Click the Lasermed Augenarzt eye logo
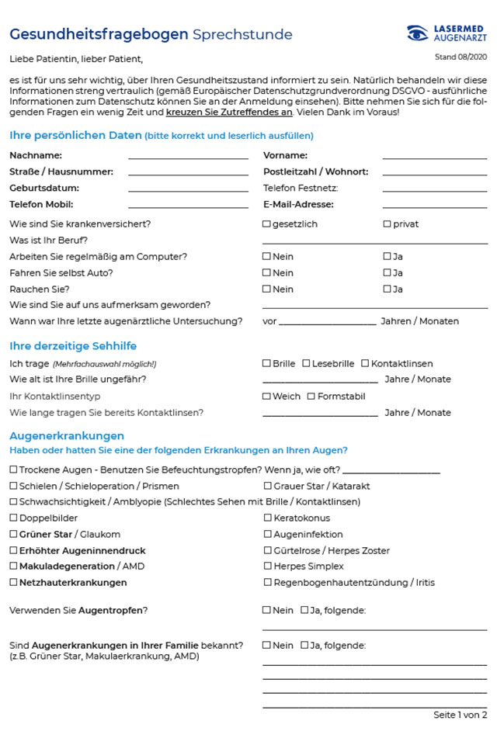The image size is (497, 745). coord(418,33)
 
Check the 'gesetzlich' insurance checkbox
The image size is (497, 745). coord(266,224)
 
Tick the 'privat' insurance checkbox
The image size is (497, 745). coord(387,224)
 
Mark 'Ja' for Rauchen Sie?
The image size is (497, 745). coord(387,289)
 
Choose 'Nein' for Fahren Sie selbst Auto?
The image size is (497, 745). coord(266,272)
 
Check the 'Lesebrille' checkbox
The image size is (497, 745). coord(306,363)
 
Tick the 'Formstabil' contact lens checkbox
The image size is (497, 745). coord(311,397)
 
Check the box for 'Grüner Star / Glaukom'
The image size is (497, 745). coord(13,534)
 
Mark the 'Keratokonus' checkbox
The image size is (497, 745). coord(267,518)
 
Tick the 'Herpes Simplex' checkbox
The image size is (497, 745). coord(267,567)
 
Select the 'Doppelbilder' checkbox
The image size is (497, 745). coord(13,518)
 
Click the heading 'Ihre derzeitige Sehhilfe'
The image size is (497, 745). coord(73,346)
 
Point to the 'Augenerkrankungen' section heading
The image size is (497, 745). coord(67,436)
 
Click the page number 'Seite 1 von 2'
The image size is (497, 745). coord(460,715)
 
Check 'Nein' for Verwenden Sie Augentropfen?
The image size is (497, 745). coord(266,610)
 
